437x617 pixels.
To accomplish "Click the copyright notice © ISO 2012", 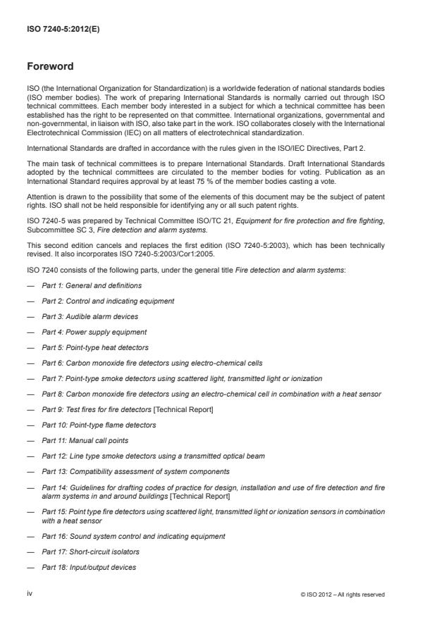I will coord(342,594).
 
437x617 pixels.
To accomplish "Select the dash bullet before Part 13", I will coord(30,471).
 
